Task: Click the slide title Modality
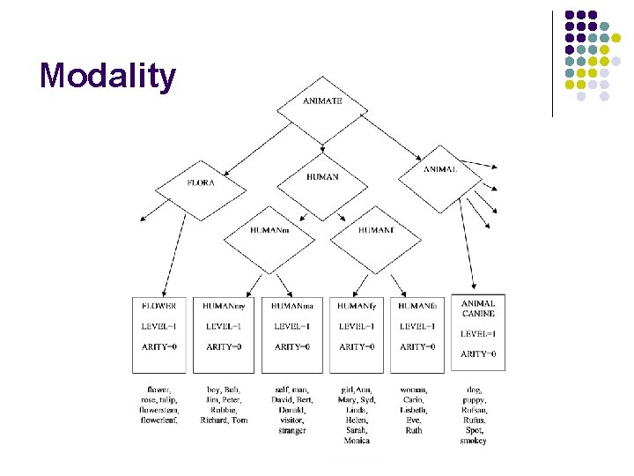(107, 76)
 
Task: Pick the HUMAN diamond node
(322, 177)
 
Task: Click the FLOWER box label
(159, 306)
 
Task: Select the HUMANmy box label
(224, 306)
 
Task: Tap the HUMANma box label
(292, 306)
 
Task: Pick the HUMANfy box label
(357, 306)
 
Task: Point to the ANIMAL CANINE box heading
(478, 309)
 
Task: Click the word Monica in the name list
(357, 441)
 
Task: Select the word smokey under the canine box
(474, 441)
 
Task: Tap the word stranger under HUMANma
(291, 431)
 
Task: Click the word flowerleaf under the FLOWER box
(159, 420)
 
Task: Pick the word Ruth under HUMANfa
(414, 431)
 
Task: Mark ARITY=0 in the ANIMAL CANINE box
(478, 354)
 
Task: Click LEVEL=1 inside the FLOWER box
(159, 326)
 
